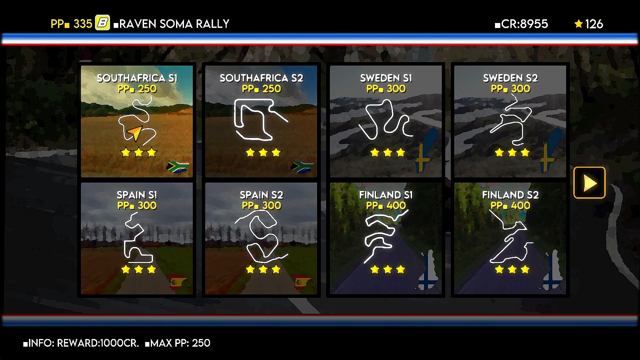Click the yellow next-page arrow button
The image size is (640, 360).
point(589,183)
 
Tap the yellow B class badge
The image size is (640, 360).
point(103,23)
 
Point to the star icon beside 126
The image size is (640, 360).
point(579,24)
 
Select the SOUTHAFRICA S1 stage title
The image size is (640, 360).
point(137,78)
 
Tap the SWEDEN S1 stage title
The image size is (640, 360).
point(386,78)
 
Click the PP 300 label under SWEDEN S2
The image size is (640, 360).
point(510,89)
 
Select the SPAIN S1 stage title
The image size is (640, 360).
point(137,195)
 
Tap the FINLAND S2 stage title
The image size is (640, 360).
point(510,195)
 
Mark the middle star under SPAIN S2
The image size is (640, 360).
point(263,269)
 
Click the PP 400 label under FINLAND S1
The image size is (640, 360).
point(386,205)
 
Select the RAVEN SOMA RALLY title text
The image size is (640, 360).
point(174,24)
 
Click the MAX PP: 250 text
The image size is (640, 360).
point(180,343)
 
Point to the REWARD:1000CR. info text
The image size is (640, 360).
point(98,343)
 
